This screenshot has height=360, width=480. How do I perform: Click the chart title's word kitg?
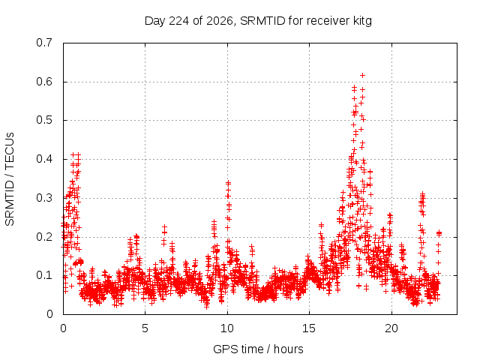point(362,21)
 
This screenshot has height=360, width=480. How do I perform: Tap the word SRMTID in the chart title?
point(263,21)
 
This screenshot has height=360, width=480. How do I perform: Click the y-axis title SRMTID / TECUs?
point(10,179)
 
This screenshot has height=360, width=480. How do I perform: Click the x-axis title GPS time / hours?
point(258,349)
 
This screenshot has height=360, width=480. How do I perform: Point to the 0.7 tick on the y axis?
point(44,43)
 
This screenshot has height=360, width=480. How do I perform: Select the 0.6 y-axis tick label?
point(44,82)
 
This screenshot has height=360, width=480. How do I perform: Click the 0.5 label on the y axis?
point(44,120)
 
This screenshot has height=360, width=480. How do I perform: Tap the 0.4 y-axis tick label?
point(44,159)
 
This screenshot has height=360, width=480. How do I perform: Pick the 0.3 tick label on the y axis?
point(44,198)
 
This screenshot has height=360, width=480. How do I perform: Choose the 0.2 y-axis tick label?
point(44,237)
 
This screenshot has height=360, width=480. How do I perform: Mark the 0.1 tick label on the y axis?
point(44,275)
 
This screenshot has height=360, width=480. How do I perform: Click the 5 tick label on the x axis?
point(145,328)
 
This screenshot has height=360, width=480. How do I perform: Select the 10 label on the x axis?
point(226,328)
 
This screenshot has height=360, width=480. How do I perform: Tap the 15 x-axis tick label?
point(309,328)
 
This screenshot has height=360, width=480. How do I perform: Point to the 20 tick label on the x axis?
point(391,328)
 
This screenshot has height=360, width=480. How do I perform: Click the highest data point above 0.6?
point(363,75)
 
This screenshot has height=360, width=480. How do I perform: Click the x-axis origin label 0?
point(63,328)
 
